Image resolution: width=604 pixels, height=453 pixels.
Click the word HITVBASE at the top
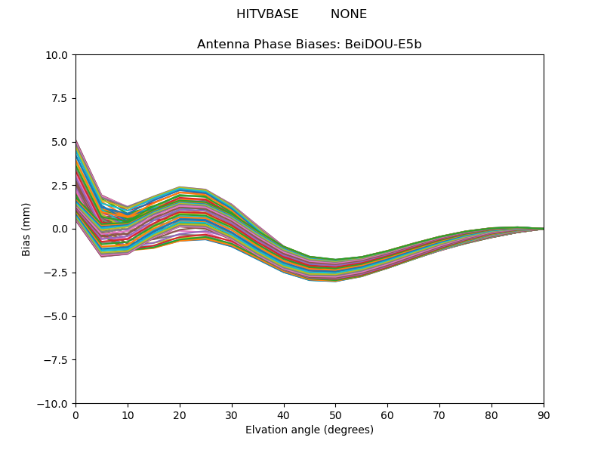[267, 14]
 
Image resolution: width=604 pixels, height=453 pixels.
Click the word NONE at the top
[349, 14]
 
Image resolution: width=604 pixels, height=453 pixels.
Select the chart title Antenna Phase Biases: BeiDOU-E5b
[310, 45]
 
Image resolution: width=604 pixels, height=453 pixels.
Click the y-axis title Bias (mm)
[26, 230]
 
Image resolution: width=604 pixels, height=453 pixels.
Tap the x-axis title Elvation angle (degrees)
[310, 430]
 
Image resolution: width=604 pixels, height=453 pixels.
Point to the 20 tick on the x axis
[180, 416]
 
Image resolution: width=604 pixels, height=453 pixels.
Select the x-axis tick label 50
[335, 416]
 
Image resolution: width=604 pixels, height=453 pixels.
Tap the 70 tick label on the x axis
[439, 416]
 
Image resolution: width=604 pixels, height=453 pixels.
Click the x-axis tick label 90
[544, 416]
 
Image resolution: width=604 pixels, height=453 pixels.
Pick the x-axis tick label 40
[284, 416]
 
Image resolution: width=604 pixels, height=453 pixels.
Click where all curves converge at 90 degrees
[543, 230]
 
